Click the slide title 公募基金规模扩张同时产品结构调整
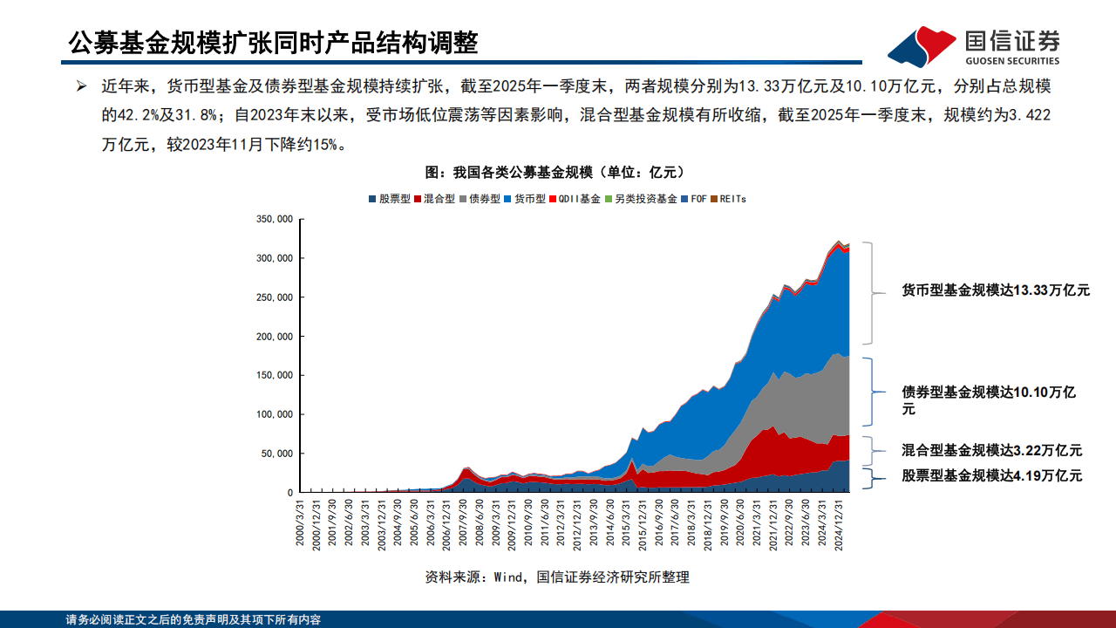pyautogui.click(x=274, y=42)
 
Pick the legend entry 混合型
pyautogui.click(x=435, y=199)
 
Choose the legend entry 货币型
pyautogui.click(x=526, y=199)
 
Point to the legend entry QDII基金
pyautogui.click(x=575, y=199)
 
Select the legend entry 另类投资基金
pyautogui.click(x=641, y=199)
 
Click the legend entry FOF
pyautogui.click(x=695, y=199)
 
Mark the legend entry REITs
pyautogui.click(x=730, y=199)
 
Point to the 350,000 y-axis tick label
pyautogui.click(x=274, y=219)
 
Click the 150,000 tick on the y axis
pyautogui.click(x=274, y=375)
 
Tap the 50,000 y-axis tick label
pyautogui.click(x=276, y=454)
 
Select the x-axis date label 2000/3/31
pyautogui.click(x=301, y=523)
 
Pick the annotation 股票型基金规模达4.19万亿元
pyautogui.click(x=992, y=476)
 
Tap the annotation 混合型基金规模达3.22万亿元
pyautogui.click(x=992, y=451)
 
